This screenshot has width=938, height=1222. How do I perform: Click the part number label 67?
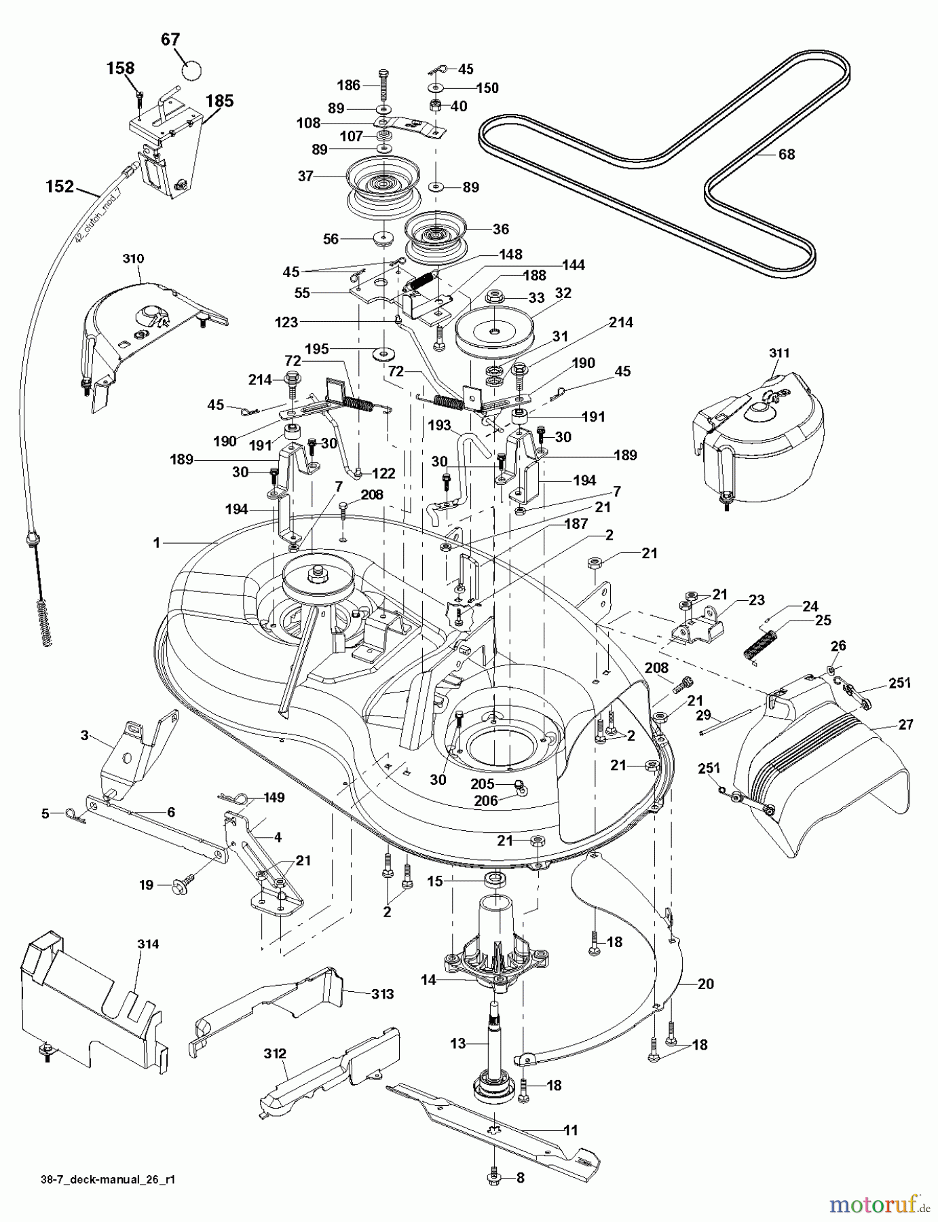click(171, 40)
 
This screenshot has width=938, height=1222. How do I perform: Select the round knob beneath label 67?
click(193, 70)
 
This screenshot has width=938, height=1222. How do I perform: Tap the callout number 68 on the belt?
click(786, 155)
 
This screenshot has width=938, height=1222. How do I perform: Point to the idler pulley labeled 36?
click(433, 235)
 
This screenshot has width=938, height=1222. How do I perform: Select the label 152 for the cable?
click(60, 186)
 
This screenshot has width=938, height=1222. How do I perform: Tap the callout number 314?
click(148, 944)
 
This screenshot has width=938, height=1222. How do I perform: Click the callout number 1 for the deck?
click(157, 542)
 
